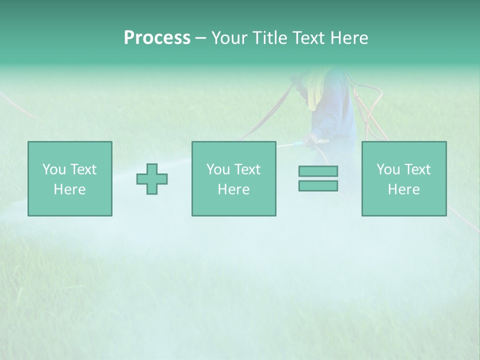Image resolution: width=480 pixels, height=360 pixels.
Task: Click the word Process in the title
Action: (x=157, y=38)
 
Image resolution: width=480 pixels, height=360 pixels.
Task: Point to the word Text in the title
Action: (x=308, y=38)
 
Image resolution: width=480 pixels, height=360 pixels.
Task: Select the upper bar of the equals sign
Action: (x=318, y=171)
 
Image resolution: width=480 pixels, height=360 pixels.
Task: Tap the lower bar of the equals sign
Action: (x=318, y=185)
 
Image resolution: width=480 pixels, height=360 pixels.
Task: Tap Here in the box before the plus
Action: (x=69, y=189)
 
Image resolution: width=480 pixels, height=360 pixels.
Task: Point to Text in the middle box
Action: (x=247, y=169)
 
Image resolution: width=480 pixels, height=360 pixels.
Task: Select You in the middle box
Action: (x=217, y=169)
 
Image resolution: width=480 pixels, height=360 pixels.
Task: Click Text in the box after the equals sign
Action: (x=417, y=169)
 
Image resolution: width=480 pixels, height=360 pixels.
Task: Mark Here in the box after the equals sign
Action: (x=403, y=189)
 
